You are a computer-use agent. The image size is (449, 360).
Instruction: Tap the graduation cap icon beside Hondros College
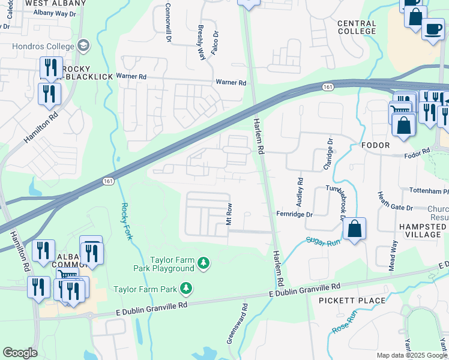click(83, 46)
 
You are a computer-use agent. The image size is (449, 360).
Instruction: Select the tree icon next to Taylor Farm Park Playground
click(204, 263)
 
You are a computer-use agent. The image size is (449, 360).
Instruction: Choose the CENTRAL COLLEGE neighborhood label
click(357, 27)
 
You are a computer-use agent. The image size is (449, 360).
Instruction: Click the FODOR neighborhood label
click(376, 145)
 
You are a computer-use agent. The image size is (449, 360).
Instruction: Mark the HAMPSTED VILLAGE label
click(422, 231)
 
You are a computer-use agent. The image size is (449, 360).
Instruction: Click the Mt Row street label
click(229, 214)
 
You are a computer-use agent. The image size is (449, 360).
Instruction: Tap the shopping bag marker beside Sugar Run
click(355, 229)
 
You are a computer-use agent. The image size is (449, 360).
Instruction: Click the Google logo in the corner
click(20, 353)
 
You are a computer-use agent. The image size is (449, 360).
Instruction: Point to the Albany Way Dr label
click(56, 13)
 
